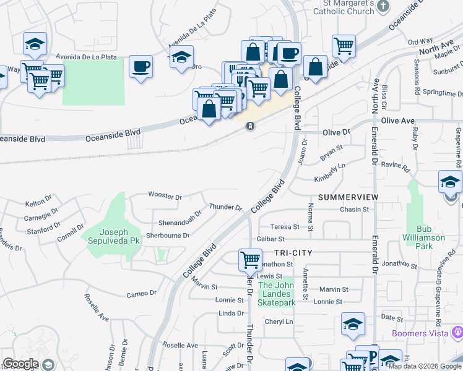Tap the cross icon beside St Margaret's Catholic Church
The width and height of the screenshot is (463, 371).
[x=383, y=6]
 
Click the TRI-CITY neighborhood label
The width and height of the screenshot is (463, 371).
[x=294, y=254]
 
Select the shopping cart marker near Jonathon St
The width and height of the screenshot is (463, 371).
[x=250, y=260]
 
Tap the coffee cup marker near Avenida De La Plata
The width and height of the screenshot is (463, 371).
[x=141, y=66]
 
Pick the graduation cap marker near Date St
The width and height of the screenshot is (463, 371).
[x=353, y=323]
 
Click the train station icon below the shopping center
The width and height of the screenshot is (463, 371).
[x=249, y=126]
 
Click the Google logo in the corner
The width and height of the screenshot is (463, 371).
[x=21, y=364]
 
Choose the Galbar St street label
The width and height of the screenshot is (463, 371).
[x=270, y=239]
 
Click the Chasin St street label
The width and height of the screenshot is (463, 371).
[x=355, y=210]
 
